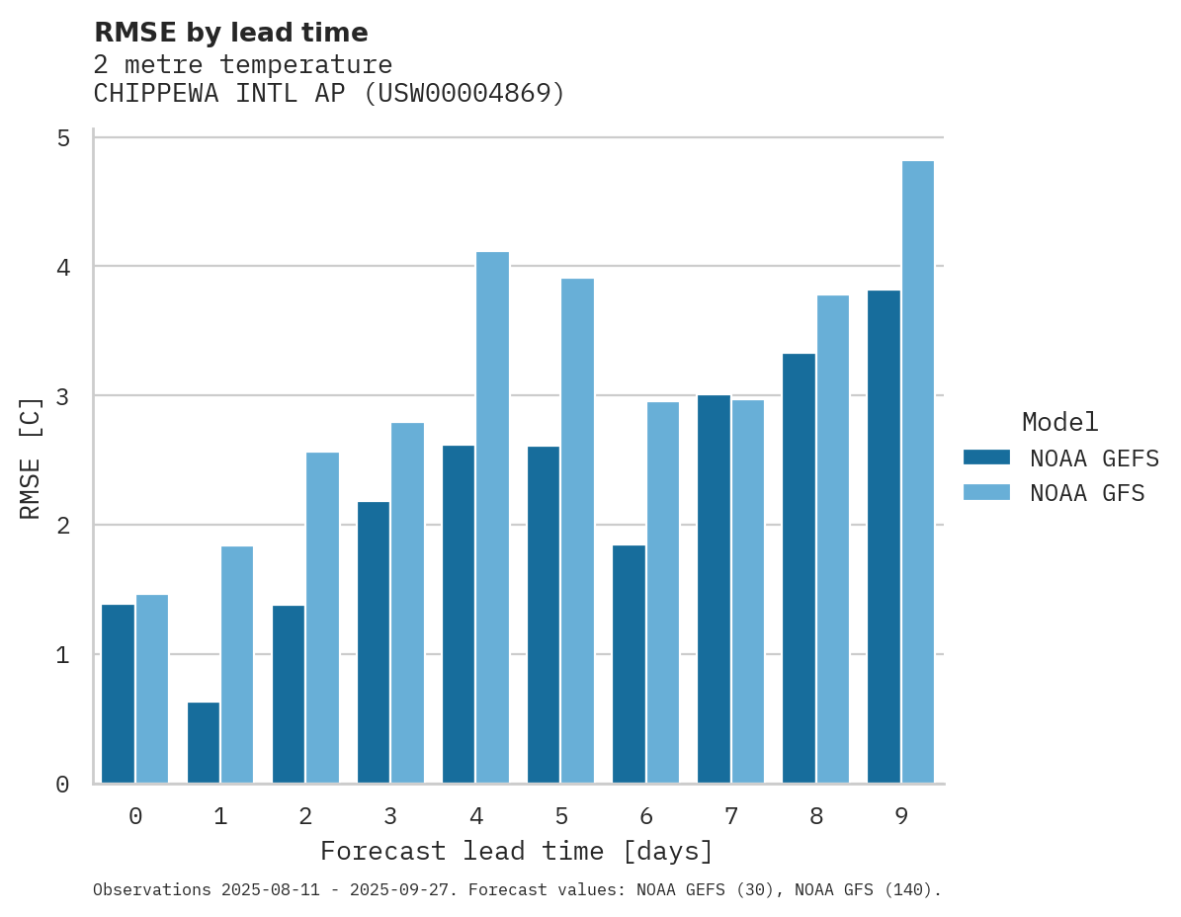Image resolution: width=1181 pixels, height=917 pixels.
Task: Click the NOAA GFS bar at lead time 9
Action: coord(918,472)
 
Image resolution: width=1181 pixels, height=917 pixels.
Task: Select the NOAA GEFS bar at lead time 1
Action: coord(204,743)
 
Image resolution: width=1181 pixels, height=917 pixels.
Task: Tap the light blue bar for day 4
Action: coord(492,518)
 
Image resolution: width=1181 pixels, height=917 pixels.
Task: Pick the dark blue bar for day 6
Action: coord(629,664)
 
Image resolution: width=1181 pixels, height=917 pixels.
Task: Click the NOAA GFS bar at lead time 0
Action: coord(152,689)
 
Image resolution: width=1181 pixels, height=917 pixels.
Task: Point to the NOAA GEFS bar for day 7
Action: coord(714,589)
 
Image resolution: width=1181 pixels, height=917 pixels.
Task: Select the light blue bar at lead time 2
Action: coord(322,618)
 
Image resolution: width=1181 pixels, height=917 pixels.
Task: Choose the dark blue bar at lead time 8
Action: coord(799,568)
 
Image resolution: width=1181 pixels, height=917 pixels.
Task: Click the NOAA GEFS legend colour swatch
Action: coord(986,458)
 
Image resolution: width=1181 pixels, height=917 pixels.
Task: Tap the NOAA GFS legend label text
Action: coord(1087,493)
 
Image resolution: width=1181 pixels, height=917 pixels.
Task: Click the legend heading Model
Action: coord(1059,423)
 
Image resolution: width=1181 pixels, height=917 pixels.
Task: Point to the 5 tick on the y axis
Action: coord(63,138)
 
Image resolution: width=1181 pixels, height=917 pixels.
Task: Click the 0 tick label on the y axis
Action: coord(63,785)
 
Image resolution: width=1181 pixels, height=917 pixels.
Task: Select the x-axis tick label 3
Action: coord(390,816)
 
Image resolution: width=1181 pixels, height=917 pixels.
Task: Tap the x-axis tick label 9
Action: coord(900,816)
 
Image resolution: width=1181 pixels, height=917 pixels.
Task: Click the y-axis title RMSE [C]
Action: coord(32,458)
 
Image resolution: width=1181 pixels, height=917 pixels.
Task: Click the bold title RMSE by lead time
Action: coord(230,33)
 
